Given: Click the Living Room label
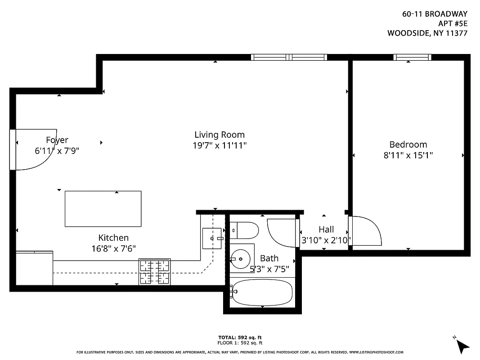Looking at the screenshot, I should (x=220, y=135).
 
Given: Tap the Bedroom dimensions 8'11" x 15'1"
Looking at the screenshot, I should (x=408, y=155).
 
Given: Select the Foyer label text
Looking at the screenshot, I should (x=57, y=140).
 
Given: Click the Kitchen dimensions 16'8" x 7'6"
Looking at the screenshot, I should (x=113, y=248).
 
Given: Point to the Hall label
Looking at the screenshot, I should (x=326, y=229).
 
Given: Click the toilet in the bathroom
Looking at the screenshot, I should (x=245, y=231).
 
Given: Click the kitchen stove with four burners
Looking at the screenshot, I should (x=155, y=271).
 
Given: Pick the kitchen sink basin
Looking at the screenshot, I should (x=211, y=238).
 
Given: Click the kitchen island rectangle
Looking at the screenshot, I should (x=103, y=209).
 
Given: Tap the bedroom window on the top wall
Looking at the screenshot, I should (x=412, y=57).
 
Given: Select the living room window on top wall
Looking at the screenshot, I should (x=289, y=57).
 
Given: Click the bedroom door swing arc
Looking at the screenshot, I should (x=367, y=231).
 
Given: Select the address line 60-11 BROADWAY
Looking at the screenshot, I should (x=435, y=14).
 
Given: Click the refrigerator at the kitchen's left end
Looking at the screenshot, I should (x=34, y=268).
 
